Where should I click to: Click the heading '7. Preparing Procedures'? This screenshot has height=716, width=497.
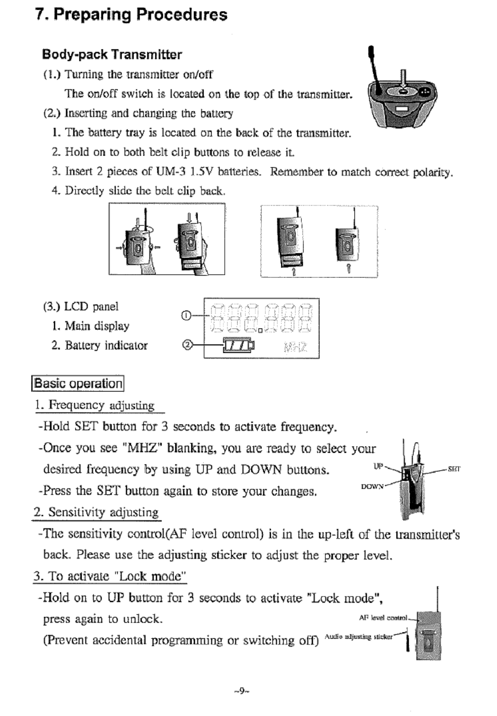[131, 15]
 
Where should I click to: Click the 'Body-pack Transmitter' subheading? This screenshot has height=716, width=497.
[112, 55]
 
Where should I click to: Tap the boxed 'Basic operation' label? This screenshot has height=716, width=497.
[78, 383]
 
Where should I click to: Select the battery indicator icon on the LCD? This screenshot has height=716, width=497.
[239, 345]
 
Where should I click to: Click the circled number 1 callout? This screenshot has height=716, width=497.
[186, 316]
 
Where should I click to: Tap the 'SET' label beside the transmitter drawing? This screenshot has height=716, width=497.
[454, 469]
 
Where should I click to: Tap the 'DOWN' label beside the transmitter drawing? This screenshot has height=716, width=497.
[372, 486]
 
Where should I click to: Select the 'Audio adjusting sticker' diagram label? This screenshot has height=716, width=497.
[359, 637]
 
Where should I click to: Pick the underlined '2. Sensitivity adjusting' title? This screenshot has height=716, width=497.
[97, 512]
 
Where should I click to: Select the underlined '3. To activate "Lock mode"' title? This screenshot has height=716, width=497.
[110, 576]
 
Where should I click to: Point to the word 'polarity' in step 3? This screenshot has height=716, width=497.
[432, 172]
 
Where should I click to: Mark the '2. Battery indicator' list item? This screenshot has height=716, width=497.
[99, 345]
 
